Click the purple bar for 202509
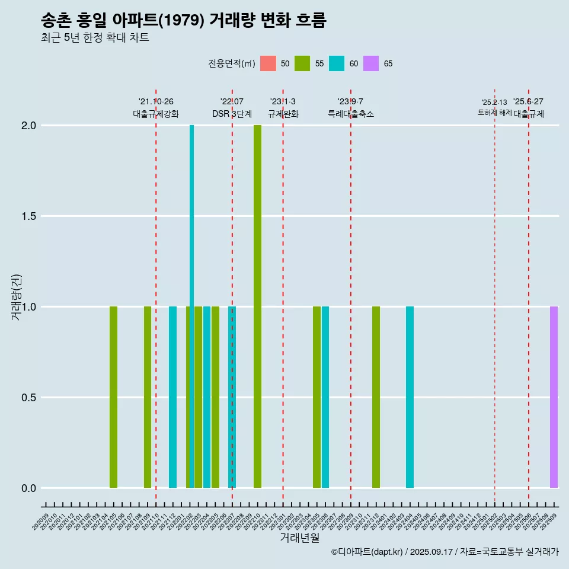(x=554, y=397)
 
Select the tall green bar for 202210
(x=257, y=306)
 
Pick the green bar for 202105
(x=113, y=397)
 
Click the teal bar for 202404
(x=410, y=397)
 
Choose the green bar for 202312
(x=376, y=397)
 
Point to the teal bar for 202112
(x=172, y=397)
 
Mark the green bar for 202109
(x=148, y=397)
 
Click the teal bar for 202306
(x=325, y=397)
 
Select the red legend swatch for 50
(x=268, y=63)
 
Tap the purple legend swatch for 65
(x=371, y=63)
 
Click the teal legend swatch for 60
(x=337, y=63)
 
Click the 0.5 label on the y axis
(x=28, y=398)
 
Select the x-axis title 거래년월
(x=299, y=538)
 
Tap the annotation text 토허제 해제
(x=494, y=112)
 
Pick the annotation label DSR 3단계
(x=232, y=114)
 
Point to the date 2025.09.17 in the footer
(x=431, y=552)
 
